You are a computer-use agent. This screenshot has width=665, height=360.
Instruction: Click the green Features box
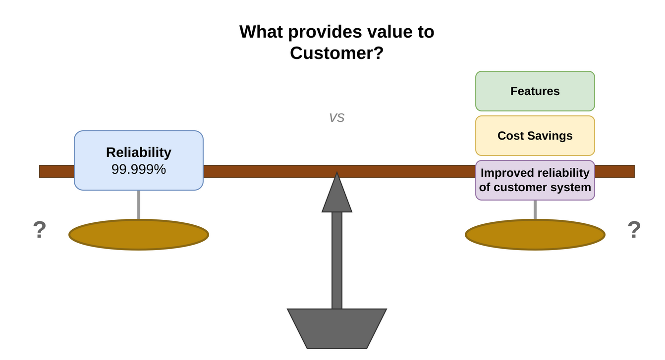[535, 91]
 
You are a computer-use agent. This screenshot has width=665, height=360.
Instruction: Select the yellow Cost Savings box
[535, 136]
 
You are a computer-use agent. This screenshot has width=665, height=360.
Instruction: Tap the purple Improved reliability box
[535, 180]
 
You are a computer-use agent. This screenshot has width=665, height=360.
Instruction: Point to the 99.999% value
[138, 169]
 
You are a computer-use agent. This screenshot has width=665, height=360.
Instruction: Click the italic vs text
[336, 117]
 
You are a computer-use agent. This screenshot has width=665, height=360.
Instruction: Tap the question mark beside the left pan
[40, 230]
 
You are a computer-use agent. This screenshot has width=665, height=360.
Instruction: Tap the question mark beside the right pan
[634, 230]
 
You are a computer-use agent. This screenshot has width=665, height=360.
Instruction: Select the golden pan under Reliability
[138, 235]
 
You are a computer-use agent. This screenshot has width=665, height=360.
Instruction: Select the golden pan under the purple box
[535, 235]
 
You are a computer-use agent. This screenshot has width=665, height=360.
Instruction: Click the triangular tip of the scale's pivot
[337, 196]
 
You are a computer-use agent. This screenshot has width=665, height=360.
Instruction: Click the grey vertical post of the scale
[337, 260]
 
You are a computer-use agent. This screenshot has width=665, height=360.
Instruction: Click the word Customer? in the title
[336, 53]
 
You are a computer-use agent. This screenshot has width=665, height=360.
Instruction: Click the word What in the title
[261, 32]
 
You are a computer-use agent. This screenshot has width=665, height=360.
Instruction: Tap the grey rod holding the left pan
[139, 205]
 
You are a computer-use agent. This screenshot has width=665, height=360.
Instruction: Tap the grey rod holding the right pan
[535, 209]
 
